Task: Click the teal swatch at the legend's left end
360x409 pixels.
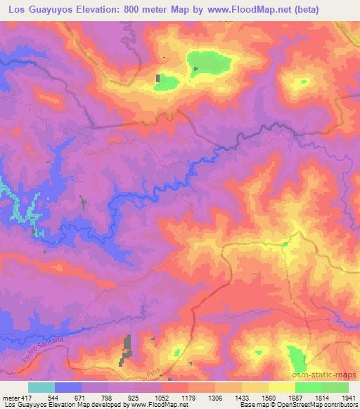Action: pyautogui.click(x=41, y=388)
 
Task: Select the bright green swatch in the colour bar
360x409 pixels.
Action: pyautogui.click(x=309, y=388)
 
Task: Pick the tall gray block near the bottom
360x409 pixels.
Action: pyautogui.click(x=128, y=346)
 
